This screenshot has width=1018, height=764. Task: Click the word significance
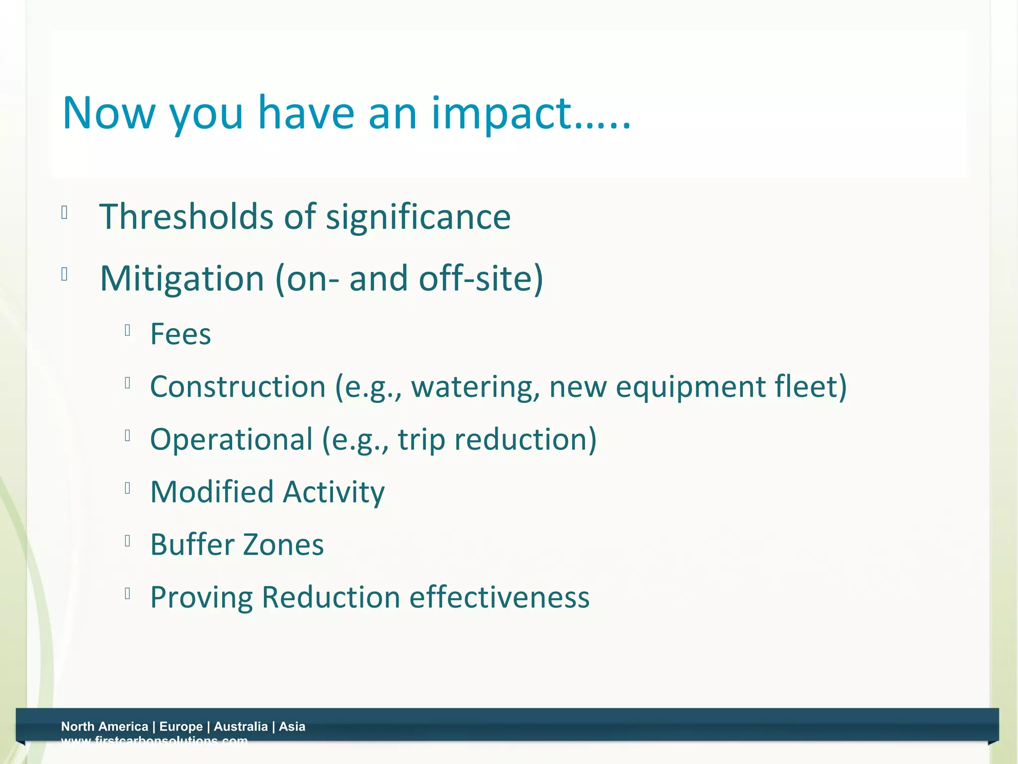click(418, 218)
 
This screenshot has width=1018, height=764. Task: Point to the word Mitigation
click(182, 279)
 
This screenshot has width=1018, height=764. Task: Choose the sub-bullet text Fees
click(180, 334)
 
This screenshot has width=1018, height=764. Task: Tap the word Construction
click(238, 387)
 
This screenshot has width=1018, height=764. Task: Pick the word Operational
click(231, 440)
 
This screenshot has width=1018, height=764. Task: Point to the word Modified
click(212, 492)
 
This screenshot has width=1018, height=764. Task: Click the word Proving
click(201, 597)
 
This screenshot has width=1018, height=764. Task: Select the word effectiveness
click(499, 597)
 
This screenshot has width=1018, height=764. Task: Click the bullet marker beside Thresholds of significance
click(64, 213)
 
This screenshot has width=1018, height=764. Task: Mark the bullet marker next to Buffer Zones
click(128, 541)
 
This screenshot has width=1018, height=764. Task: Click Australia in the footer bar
click(241, 727)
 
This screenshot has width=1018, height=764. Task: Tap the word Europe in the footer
click(181, 727)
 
